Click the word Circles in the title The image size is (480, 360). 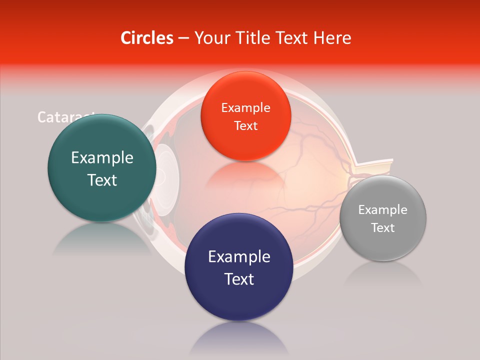coord(147,38)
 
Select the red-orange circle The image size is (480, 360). coord(245,116)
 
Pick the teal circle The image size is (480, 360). coord(102,168)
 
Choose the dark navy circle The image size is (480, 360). coord(238,267)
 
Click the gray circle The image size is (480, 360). coord(383,218)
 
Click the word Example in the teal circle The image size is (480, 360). coord(102,158)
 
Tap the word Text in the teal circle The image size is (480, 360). coord(102,180)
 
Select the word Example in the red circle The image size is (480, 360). coord(245,108)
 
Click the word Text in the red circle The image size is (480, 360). coord(245,126)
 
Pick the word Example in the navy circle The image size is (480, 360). coord(239,257)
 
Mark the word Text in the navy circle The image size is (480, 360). coord(239,279)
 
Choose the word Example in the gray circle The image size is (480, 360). coord(383,210)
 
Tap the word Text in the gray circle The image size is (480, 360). coord(383,228)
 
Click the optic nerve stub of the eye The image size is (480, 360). coord(375,168)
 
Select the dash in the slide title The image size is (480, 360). coord(183,38)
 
